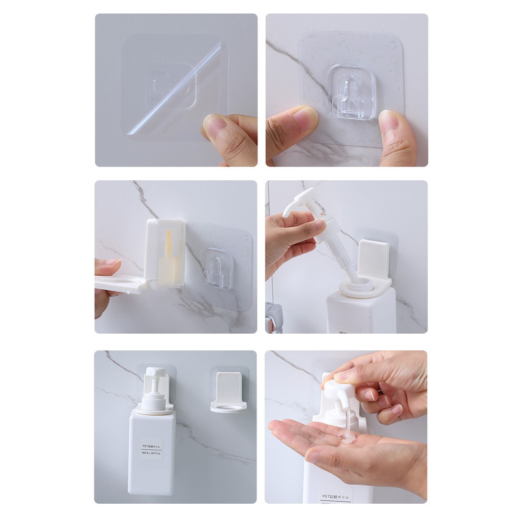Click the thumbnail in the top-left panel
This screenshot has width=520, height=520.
[x=215, y=126]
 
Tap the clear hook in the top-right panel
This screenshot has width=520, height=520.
[x=351, y=92]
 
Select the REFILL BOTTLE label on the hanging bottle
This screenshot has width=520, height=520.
[x=151, y=450]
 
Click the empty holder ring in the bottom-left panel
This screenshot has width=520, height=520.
[x=229, y=406]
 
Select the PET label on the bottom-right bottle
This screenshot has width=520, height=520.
[x=336, y=496]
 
